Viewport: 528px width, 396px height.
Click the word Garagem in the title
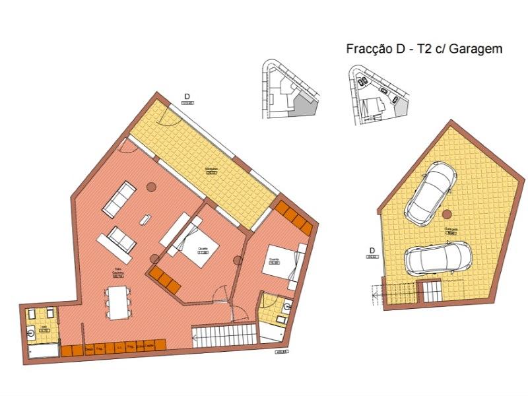pyautogui.click(x=477, y=49)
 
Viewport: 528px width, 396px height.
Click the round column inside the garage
pyautogui.click(x=447, y=213)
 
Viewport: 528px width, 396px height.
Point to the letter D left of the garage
pyautogui.click(x=372, y=250)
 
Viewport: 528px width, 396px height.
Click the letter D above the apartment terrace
pyautogui.click(x=187, y=96)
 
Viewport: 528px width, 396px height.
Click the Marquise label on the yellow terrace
pyautogui.click(x=211, y=169)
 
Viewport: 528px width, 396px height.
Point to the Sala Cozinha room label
pyautogui.click(x=118, y=273)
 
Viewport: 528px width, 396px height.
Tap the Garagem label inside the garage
pyautogui.click(x=451, y=229)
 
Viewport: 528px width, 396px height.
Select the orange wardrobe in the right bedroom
pyautogui.click(x=292, y=216)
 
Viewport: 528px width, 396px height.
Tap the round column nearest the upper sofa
pyautogui.click(x=151, y=187)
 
